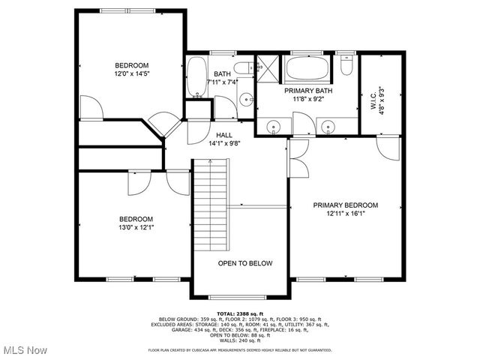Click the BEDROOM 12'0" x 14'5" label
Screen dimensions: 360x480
[x=131, y=69]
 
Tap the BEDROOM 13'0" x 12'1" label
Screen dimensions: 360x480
[x=136, y=223]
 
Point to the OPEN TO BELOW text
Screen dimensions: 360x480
[x=244, y=263]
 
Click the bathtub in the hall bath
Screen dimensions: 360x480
[x=196, y=78]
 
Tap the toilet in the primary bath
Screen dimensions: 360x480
[x=346, y=67]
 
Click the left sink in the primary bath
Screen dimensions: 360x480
[x=274, y=127]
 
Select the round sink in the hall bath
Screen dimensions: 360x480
[x=245, y=98]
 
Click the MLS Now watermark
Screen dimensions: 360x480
[x=25, y=350]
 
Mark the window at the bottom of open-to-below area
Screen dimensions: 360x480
[x=240, y=297]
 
